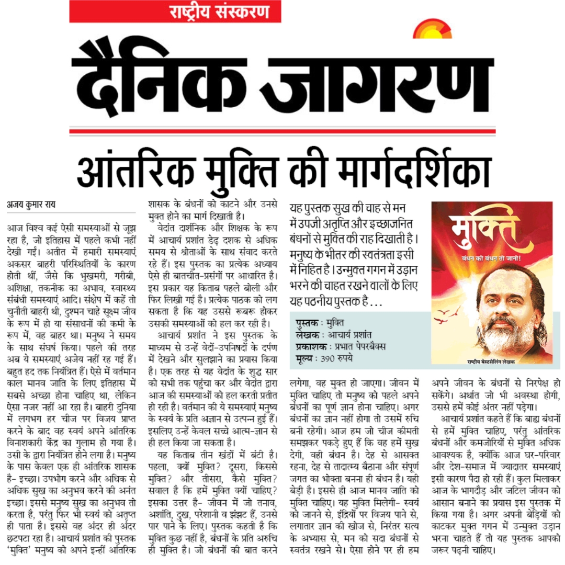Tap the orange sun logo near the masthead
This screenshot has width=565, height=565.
click(432, 30)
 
